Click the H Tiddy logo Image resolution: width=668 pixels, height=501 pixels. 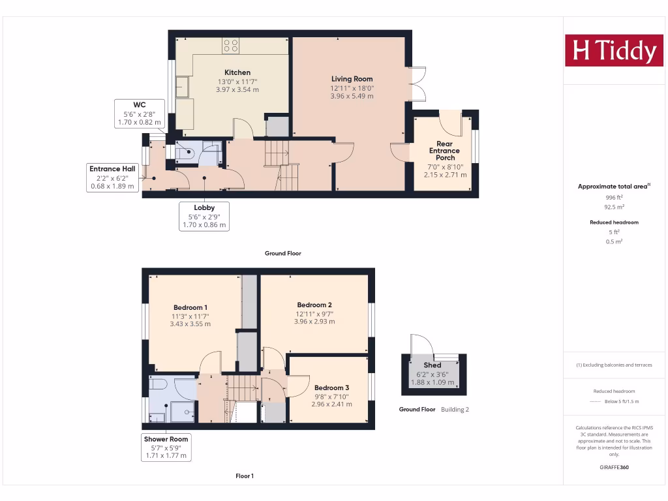tap(613, 51)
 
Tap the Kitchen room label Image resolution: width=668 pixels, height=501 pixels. tap(237, 72)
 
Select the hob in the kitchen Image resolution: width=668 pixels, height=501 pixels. tap(231, 45)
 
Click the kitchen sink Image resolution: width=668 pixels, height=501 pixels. tap(182, 86)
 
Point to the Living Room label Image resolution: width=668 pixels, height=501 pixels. tap(352, 79)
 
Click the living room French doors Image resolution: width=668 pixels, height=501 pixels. tap(417, 83)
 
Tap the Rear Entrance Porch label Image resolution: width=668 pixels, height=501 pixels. tap(444, 151)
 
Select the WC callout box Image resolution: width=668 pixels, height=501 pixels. tap(139, 114)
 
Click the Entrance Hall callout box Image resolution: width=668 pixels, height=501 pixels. tap(112, 177)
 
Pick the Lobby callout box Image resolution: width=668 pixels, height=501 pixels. tap(204, 216)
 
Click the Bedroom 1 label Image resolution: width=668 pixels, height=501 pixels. tap(190, 307)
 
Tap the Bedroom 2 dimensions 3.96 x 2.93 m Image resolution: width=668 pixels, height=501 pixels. tap(314, 321)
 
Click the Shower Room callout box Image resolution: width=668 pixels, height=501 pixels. tap(166, 448)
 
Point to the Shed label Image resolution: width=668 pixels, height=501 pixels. tap(432, 365)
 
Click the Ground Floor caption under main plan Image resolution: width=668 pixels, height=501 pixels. tap(282, 253)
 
